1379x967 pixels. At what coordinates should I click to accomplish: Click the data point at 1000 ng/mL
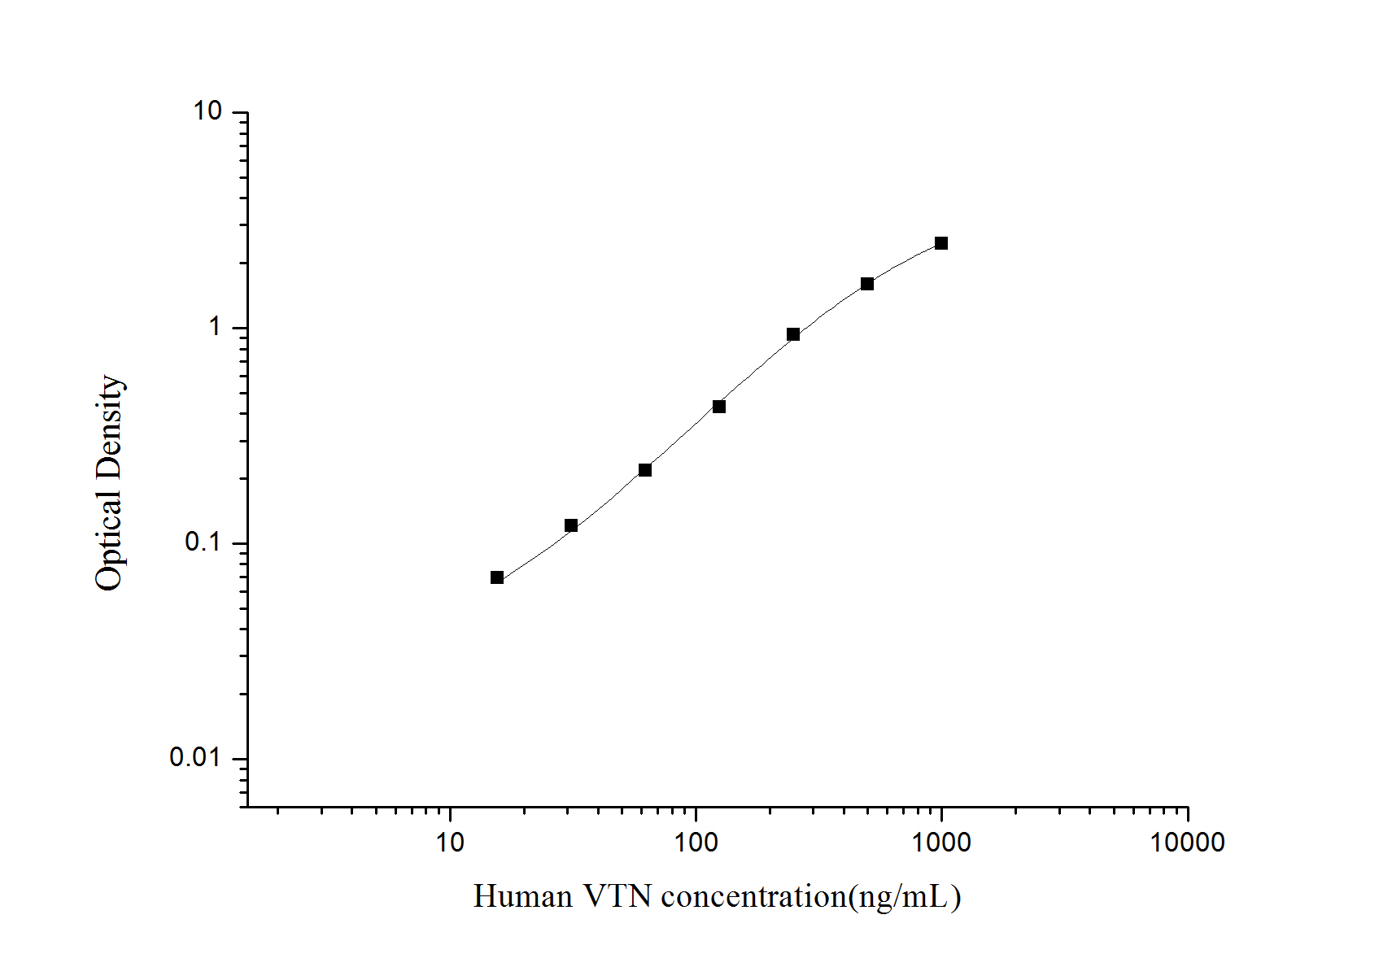pyautogui.click(x=941, y=243)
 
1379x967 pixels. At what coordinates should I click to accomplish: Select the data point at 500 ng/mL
pyautogui.click(x=867, y=284)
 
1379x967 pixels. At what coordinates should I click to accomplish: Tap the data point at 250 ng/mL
pyautogui.click(x=793, y=334)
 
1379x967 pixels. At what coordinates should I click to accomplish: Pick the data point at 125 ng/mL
pyautogui.click(x=719, y=407)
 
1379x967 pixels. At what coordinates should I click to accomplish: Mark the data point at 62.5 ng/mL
pyautogui.click(x=645, y=470)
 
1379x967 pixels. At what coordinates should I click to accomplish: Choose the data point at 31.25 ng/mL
pyautogui.click(x=571, y=525)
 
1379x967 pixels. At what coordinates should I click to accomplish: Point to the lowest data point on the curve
pyautogui.click(x=497, y=577)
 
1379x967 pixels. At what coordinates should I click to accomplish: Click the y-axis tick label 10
pyautogui.click(x=207, y=111)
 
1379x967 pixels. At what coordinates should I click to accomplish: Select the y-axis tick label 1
pyautogui.click(x=215, y=327)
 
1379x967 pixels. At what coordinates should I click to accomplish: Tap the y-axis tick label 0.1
pyautogui.click(x=203, y=542)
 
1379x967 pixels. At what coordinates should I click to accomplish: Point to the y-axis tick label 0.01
pyautogui.click(x=196, y=758)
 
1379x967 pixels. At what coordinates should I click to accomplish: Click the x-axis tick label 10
pyautogui.click(x=450, y=843)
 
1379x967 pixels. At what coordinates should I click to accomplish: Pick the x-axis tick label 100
pyautogui.click(x=696, y=843)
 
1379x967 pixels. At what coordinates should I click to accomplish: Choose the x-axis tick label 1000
pyautogui.click(x=941, y=843)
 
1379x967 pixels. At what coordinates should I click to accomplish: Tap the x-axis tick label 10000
pyautogui.click(x=1187, y=843)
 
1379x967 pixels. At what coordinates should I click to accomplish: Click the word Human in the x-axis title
pyautogui.click(x=523, y=897)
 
